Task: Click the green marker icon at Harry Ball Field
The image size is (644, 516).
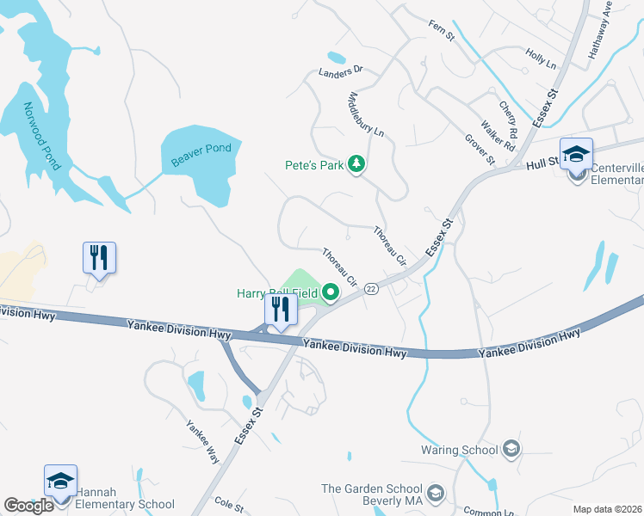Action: tap(331, 294)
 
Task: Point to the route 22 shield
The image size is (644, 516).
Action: tap(371, 289)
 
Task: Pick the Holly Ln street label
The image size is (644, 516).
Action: tap(541, 58)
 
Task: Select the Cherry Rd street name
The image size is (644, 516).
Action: tap(507, 122)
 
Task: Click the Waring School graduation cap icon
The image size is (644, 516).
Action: tap(511, 449)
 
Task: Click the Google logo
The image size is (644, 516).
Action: tap(28, 506)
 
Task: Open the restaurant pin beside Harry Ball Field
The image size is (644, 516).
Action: tap(280, 309)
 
